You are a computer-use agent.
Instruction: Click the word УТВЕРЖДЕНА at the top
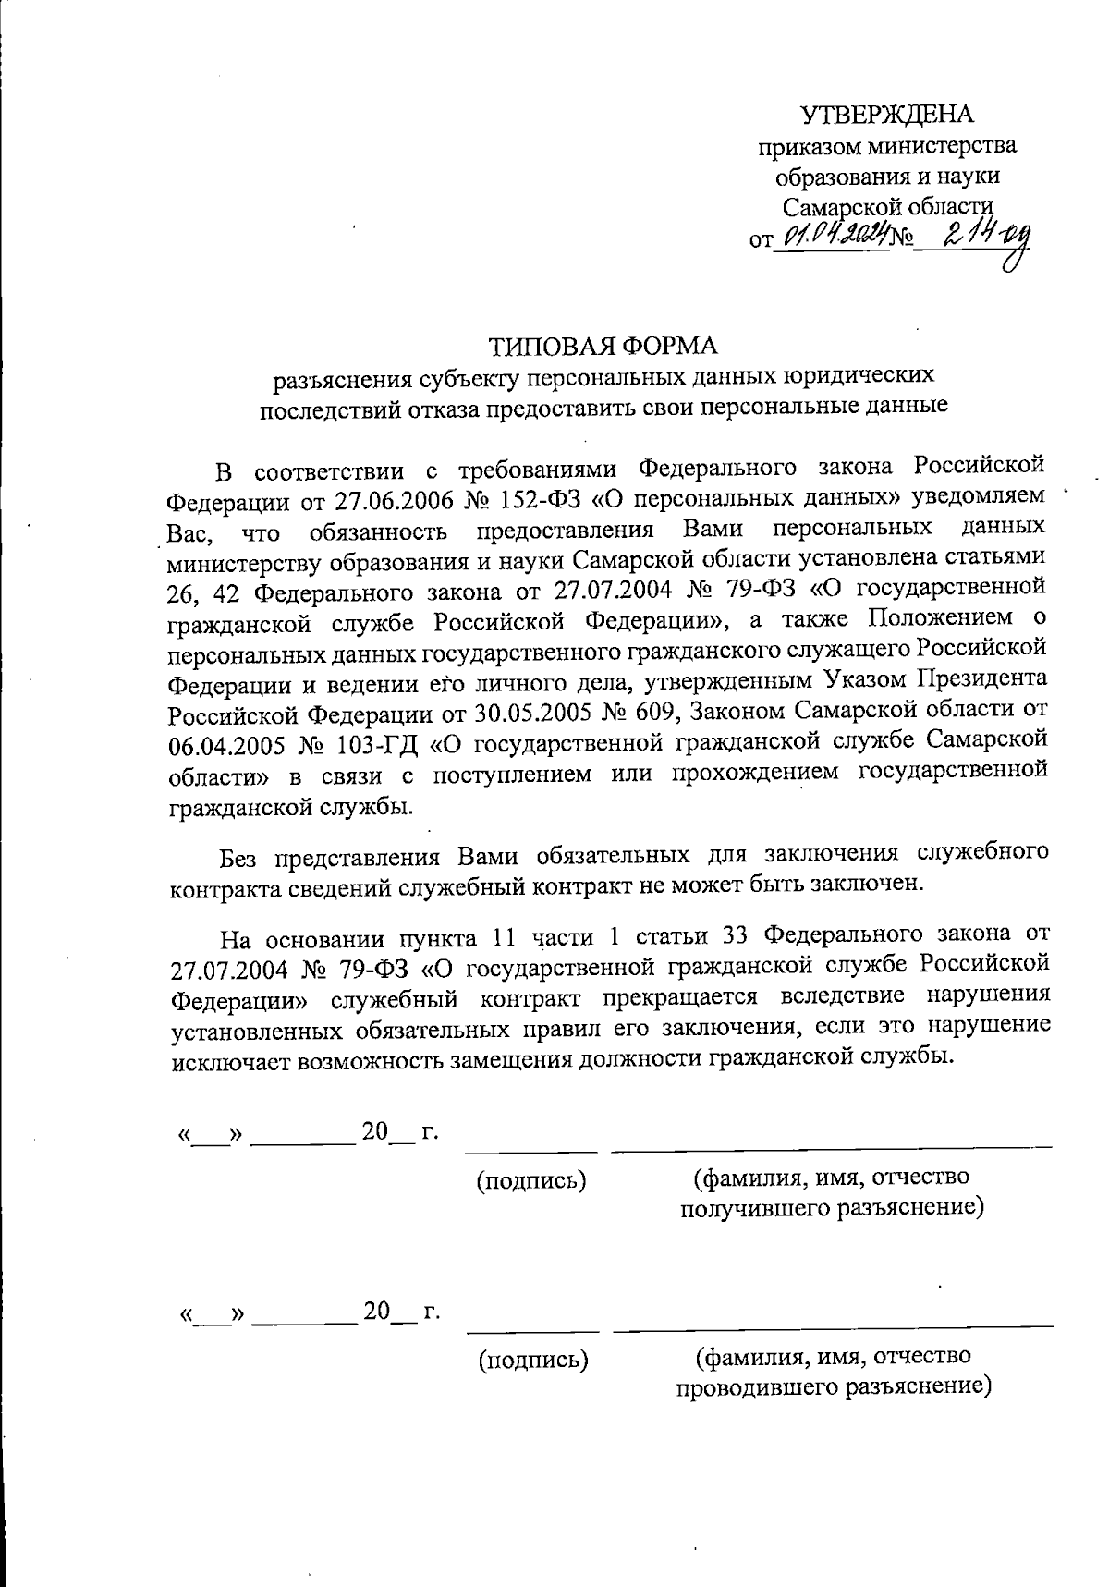[x=886, y=115]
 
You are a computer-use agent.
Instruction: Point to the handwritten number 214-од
[x=981, y=238]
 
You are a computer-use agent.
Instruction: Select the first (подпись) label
[x=531, y=1180]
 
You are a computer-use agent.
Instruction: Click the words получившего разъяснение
[x=831, y=1209]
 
